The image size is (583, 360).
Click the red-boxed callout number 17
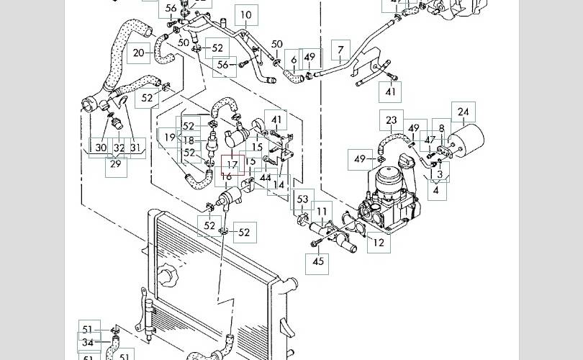[x=232, y=165]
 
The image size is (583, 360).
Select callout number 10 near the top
[x=246, y=14]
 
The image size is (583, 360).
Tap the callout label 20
[x=140, y=53]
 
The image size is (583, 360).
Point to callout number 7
[x=340, y=51]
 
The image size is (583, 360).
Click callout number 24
[x=464, y=112]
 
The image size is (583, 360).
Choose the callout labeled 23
[x=392, y=121]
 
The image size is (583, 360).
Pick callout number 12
[x=379, y=243]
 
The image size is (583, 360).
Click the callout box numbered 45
[x=319, y=262]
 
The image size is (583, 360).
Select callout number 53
[x=302, y=199]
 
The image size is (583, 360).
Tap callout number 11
[x=322, y=212]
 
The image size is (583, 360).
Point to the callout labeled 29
[x=115, y=164]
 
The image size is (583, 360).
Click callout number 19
[x=170, y=138]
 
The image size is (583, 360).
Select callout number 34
[x=88, y=343]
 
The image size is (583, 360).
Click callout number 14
[x=279, y=185]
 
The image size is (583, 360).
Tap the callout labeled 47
[x=430, y=140]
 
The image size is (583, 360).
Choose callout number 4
[x=435, y=190]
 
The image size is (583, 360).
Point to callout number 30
[x=101, y=148]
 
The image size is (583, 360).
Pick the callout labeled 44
[x=266, y=178]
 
